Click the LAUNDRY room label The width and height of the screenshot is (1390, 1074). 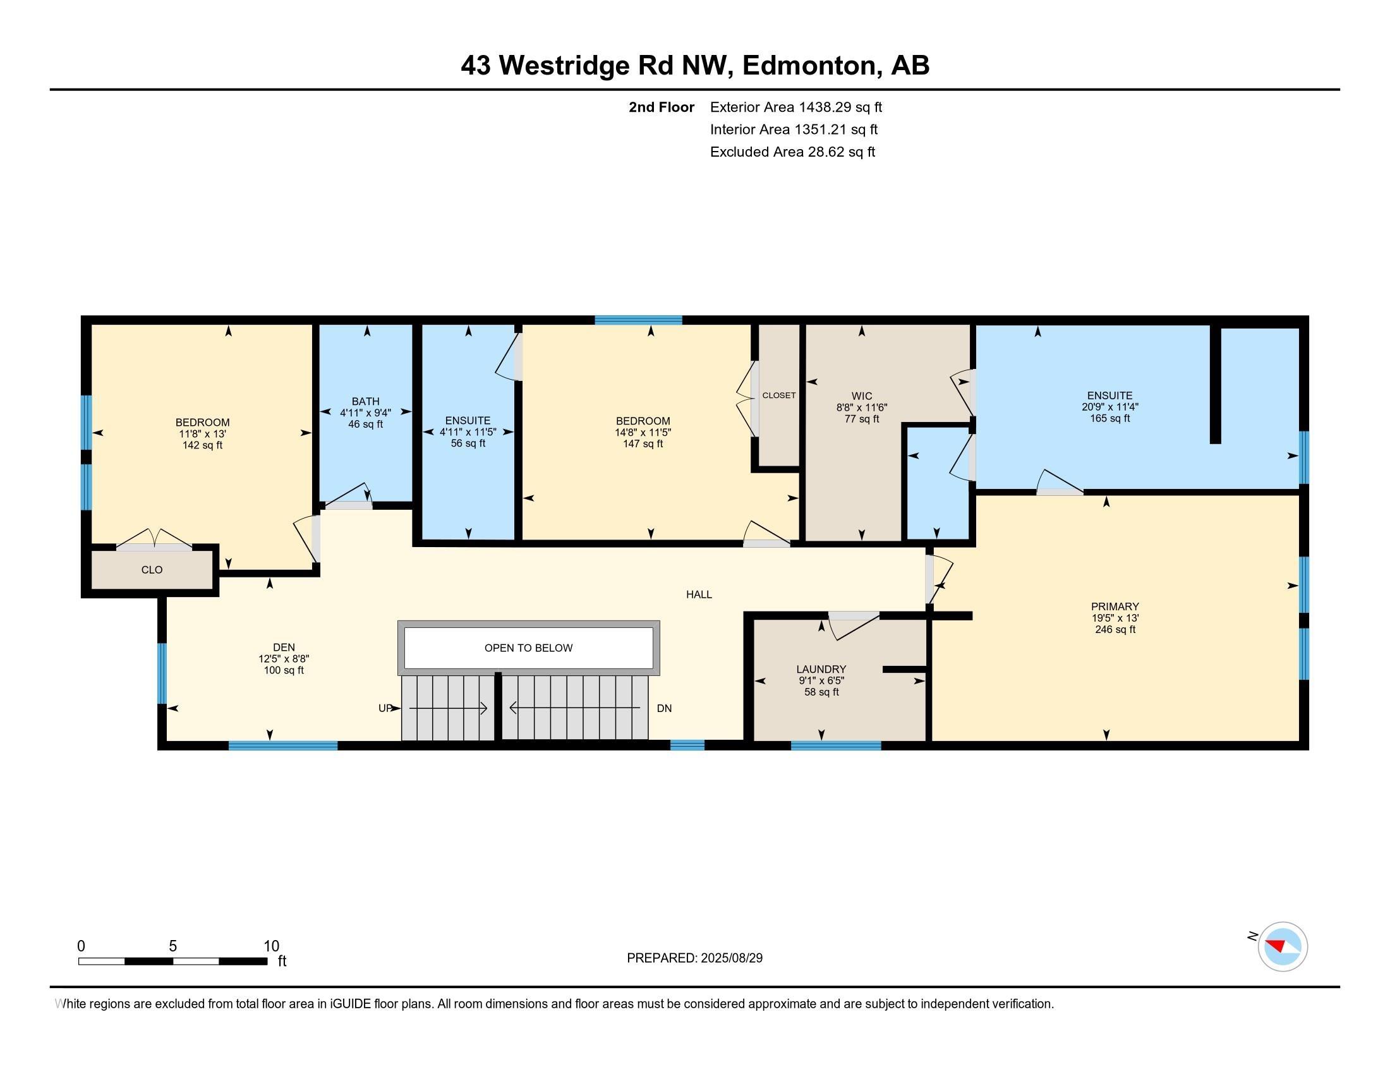pyautogui.click(x=821, y=668)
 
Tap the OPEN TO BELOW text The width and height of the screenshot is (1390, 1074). pyautogui.click(x=528, y=648)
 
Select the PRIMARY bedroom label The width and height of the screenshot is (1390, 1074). pyautogui.click(x=1115, y=606)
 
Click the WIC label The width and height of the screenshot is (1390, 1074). pyautogui.click(x=862, y=395)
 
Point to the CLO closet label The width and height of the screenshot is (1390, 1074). pyautogui.click(x=152, y=569)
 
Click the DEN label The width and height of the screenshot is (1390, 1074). pyautogui.click(x=284, y=648)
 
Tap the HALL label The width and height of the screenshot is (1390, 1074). pyautogui.click(x=699, y=594)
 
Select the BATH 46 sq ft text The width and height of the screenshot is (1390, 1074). pyautogui.click(x=365, y=425)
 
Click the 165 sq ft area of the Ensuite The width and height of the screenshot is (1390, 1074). pyautogui.click(x=1109, y=418)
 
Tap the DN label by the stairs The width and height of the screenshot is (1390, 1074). pyautogui.click(x=664, y=708)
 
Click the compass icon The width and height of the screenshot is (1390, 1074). pyautogui.click(x=1283, y=946)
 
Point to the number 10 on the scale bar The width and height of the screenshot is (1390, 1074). pyautogui.click(x=271, y=946)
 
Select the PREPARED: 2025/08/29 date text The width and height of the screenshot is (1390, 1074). pyautogui.click(x=694, y=958)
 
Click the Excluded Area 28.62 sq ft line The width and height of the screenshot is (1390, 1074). pyautogui.click(x=792, y=152)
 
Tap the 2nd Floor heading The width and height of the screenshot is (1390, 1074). pyautogui.click(x=662, y=107)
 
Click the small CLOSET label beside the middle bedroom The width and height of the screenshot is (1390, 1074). pyautogui.click(x=779, y=395)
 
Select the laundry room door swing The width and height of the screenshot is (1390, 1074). pyautogui.click(x=854, y=626)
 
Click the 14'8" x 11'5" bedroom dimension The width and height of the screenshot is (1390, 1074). pyautogui.click(x=643, y=432)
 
